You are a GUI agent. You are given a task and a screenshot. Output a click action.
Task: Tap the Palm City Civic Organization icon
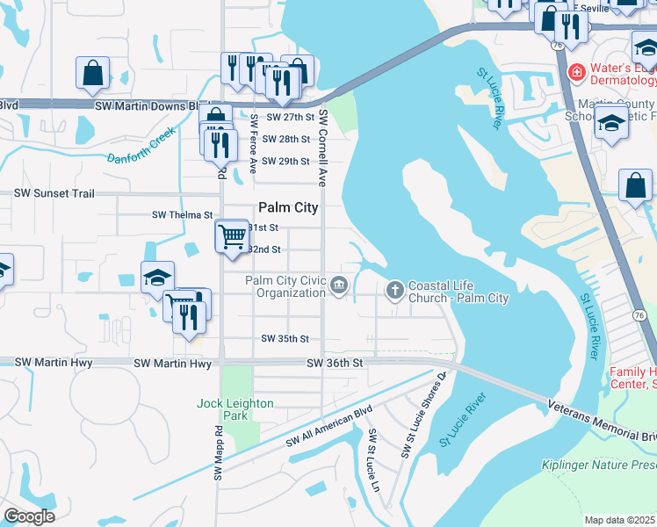339,285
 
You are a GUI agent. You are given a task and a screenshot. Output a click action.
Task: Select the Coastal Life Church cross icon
395,289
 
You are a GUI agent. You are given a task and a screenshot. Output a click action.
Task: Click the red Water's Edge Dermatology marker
577,70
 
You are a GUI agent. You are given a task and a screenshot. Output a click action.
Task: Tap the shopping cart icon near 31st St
231,235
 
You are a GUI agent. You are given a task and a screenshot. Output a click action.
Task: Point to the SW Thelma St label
183,214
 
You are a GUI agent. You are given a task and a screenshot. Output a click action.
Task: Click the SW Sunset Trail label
56,193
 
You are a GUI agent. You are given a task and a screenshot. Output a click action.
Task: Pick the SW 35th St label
285,338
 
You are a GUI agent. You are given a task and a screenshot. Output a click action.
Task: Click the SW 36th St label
335,363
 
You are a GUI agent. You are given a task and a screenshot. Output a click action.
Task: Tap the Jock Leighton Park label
235,409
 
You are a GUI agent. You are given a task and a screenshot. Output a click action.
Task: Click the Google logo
29,516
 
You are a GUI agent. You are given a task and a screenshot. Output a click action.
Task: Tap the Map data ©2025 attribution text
619,520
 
